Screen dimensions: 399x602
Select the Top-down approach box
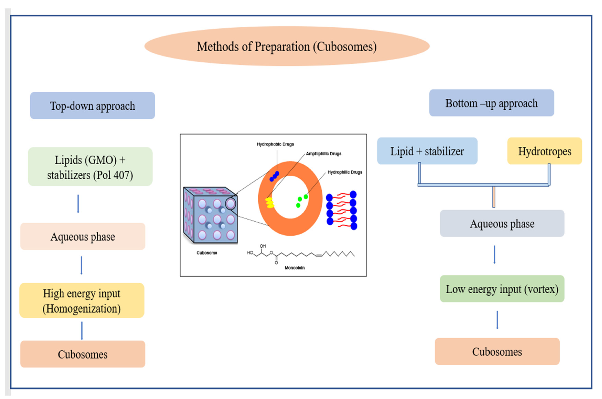point(92,106)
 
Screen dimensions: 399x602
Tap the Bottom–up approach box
point(491,103)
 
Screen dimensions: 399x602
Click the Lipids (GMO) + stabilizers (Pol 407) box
point(90,167)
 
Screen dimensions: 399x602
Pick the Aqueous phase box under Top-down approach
point(83,236)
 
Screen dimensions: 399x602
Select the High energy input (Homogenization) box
point(82,300)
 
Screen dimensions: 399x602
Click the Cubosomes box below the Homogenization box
point(83,354)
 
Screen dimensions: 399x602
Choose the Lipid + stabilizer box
point(427,151)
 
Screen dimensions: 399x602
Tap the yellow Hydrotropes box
point(544,151)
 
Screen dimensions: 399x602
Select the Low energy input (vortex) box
point(502,289)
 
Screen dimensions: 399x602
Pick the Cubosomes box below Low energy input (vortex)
point(497,351)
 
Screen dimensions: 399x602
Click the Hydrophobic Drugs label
point(275,144)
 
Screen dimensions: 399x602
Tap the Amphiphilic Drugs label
point(323,154)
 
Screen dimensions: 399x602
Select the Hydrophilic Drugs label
point(345,172)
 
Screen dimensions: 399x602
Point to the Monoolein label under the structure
point(294,268)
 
